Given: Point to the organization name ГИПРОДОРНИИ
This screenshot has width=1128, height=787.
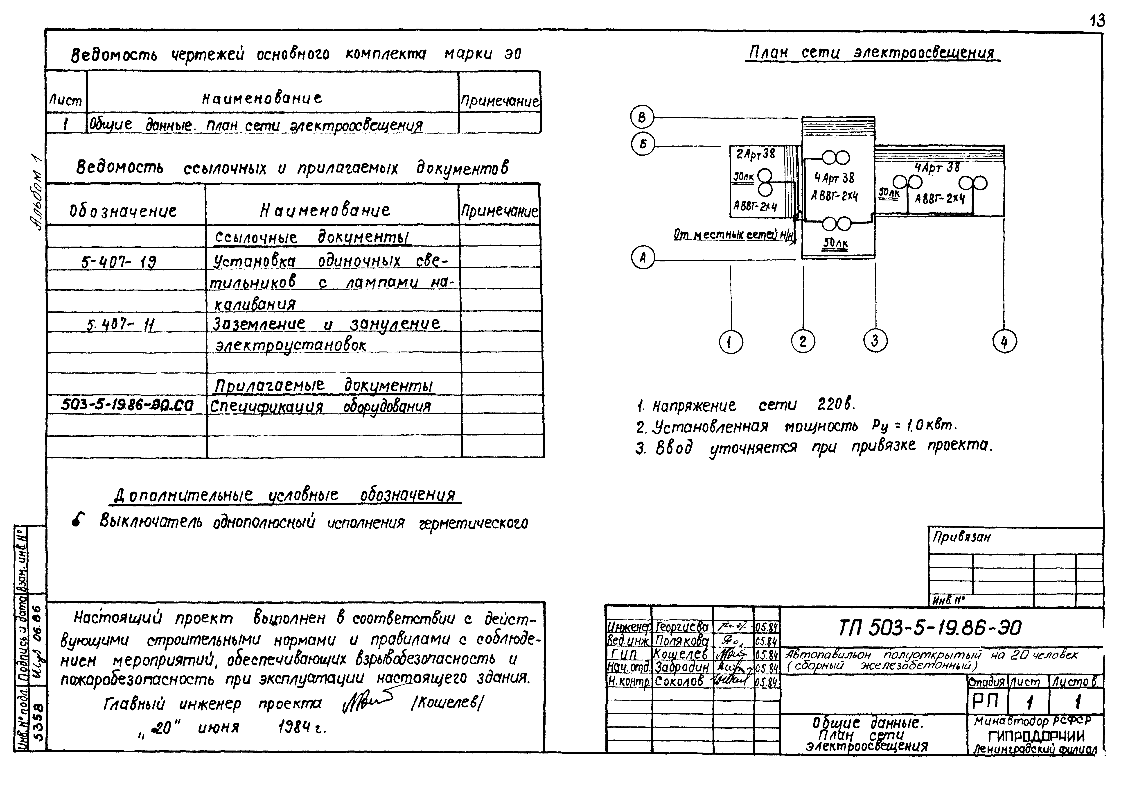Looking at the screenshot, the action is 1036,736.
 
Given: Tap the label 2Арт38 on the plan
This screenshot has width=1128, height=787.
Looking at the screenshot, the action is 755,154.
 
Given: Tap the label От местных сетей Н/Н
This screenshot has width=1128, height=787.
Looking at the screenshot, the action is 733,236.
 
